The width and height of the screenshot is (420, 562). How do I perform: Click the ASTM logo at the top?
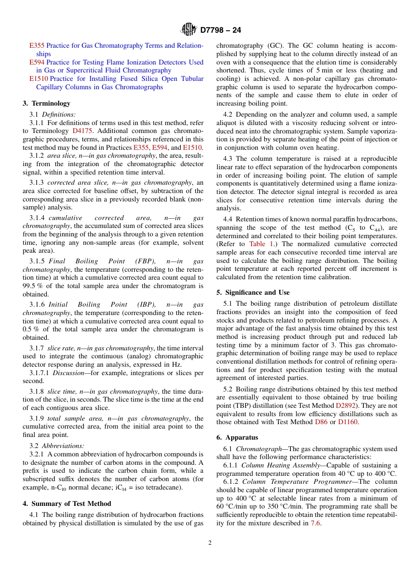point(189,30)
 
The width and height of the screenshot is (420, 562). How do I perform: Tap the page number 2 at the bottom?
point(210,543)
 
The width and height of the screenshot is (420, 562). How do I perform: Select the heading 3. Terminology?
point(46,103)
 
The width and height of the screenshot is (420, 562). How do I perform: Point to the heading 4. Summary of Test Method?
point(67,504)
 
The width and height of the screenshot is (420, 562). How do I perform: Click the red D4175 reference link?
point(83,131)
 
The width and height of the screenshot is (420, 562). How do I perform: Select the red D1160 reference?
point(347,422)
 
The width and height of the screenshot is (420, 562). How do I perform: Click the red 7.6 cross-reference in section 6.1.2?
point(315,523)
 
